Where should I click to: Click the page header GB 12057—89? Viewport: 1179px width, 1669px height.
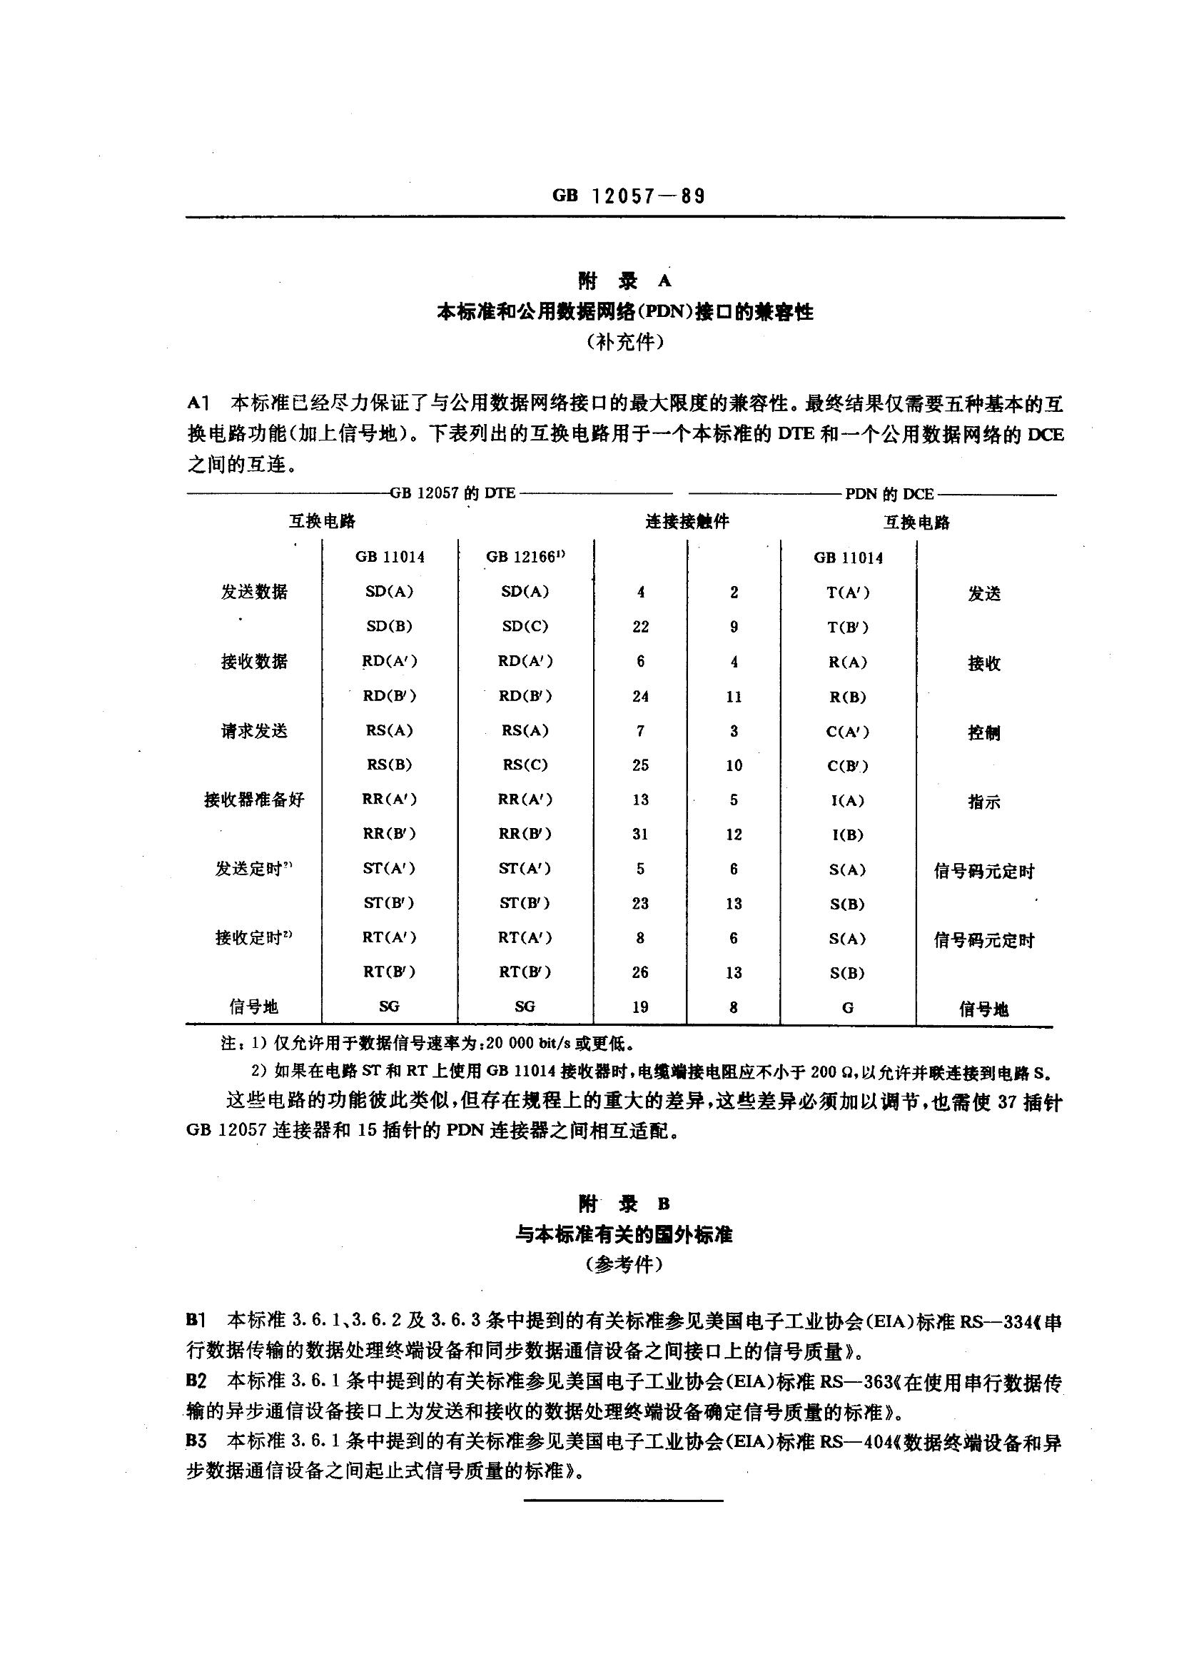pyautogui.click(x=628, y=196)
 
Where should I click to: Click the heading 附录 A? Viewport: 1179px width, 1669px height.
pyautogui.click(x=624, y=281)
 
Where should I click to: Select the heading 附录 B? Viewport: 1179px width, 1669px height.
pyautogui.click(x=624, y=1204)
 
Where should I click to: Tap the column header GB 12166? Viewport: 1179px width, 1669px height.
pyautogui.click(x=525, y=557)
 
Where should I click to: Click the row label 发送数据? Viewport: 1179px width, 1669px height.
pyautogui.click(x=254, y=592)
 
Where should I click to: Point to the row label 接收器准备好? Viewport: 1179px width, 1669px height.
pyautogui.click(x=254, y=800)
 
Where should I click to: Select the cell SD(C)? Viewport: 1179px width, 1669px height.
pyautogui.click(x=525, y=626)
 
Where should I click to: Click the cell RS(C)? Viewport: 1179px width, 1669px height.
pyautogui.click(x=525, y=765)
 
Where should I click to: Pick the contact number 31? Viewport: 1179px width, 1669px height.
pyautogui.click(x=639, y=834)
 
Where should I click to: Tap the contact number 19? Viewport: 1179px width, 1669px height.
pyautogui.click(x=639, y=1007)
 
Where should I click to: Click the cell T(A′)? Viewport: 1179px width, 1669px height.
pyautogui.click(x=848, y=592)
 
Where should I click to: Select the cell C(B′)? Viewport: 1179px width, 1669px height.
pyautogui.click(x=848, y=765)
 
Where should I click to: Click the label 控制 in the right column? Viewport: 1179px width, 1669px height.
pyautogui.click(x=983, y=732)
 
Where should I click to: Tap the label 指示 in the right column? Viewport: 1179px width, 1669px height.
pyautogui.click(x=983, y=802)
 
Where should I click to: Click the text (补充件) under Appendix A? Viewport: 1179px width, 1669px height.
pyautogui.click(x=625, y=343)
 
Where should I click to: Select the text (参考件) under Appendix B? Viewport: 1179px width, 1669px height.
pyautogui.click(x=624, y=1265)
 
